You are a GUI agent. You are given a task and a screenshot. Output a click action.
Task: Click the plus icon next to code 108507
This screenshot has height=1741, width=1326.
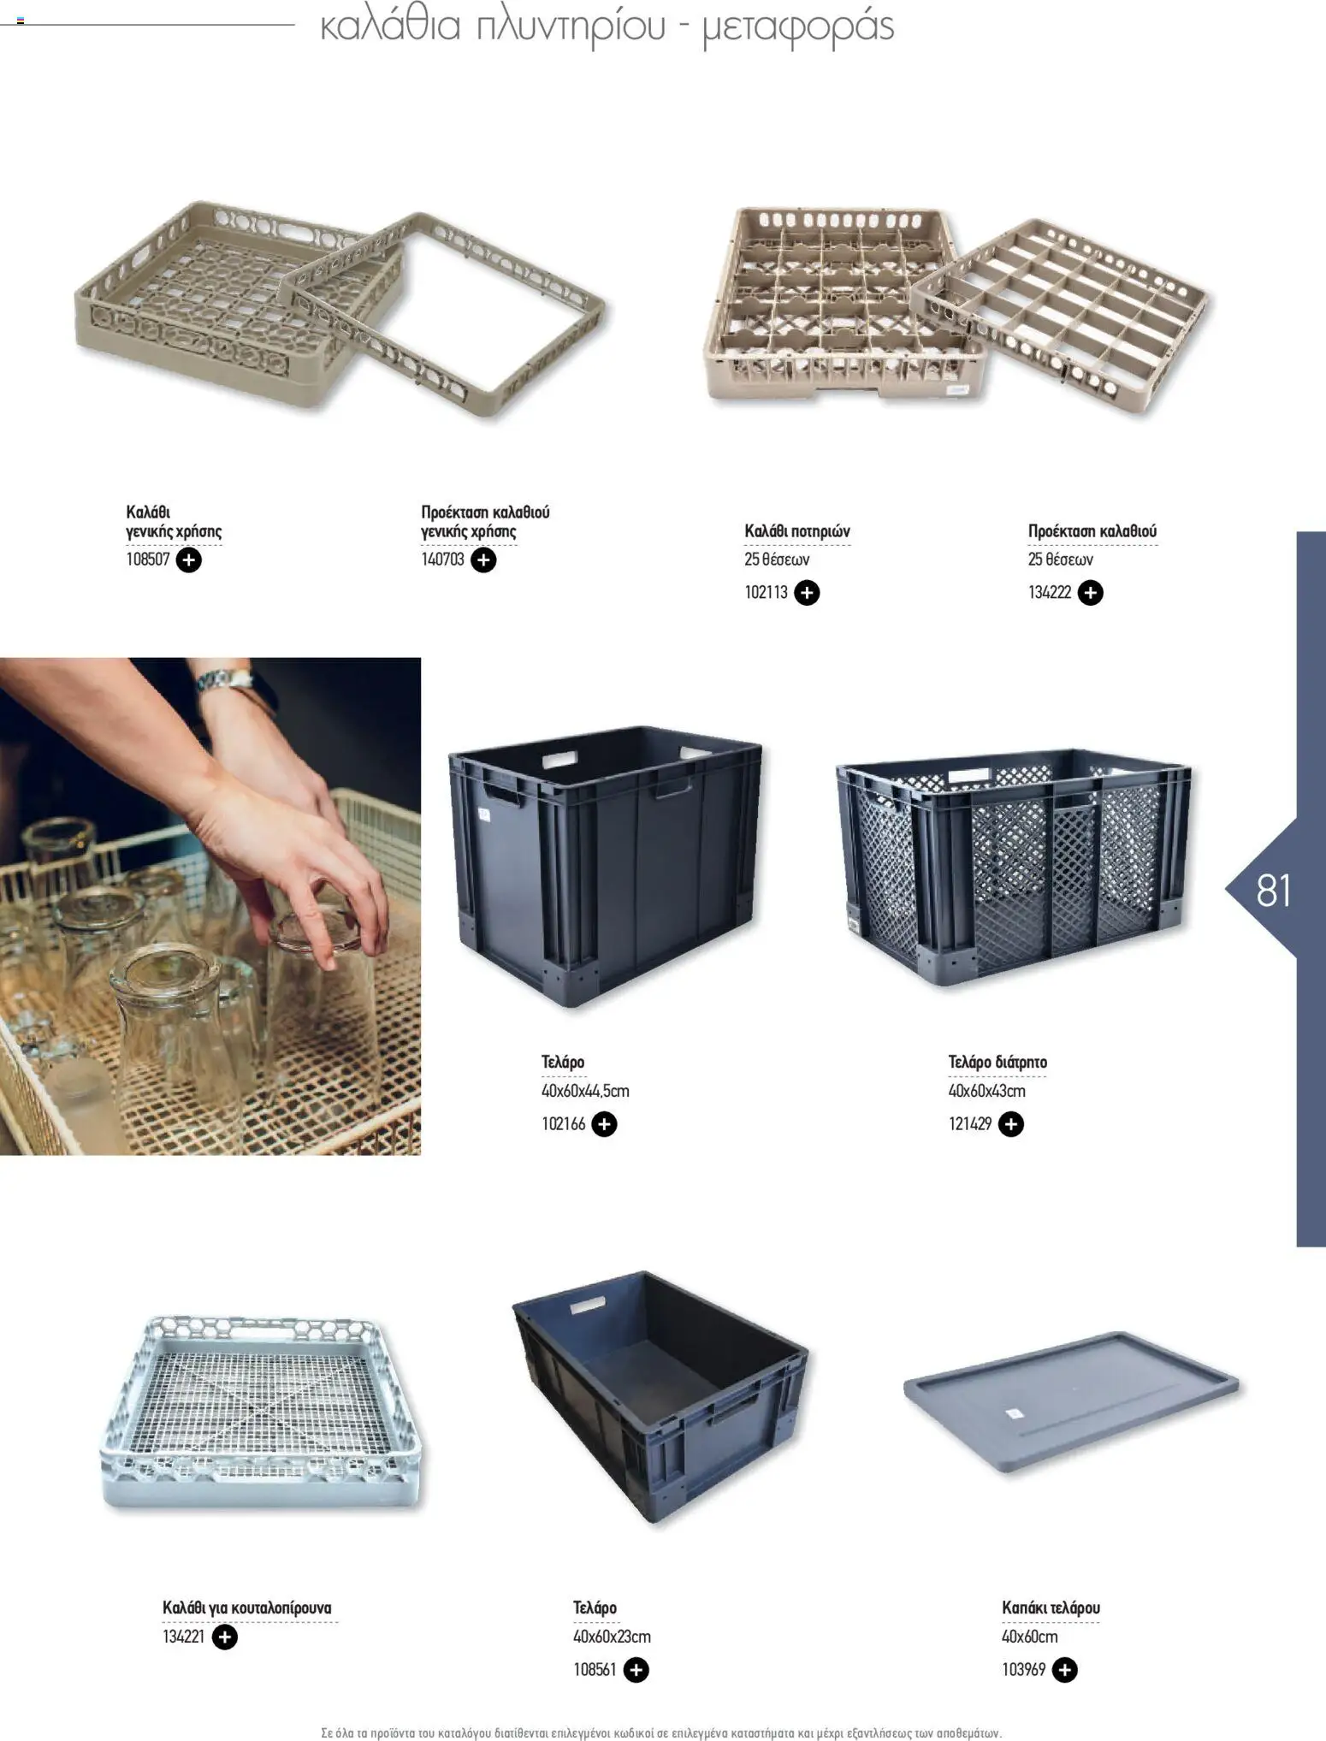point(188,560)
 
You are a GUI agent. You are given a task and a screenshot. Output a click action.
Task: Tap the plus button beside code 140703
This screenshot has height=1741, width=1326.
point(483,560)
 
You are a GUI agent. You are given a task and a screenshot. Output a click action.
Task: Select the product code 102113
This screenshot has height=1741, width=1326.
point(766,592)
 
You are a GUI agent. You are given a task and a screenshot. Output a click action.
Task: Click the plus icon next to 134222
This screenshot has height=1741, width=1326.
point(1090,592)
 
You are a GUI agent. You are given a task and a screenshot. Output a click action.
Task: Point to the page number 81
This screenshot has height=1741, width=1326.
point(1274,891)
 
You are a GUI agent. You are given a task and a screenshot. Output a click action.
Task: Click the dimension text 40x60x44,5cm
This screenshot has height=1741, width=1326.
point(585,1091)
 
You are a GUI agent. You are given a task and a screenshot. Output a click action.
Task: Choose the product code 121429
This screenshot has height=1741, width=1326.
point(970,1123)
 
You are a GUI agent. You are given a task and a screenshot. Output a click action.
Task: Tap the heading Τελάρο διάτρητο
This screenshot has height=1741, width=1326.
point(997,1062)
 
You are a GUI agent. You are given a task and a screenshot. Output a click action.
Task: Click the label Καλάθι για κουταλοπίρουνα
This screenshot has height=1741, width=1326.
point(247,1608)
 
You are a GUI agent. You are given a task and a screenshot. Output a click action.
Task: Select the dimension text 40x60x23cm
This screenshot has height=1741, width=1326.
point(612,1637)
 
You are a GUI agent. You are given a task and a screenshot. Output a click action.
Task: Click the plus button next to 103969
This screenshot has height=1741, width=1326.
point(1064,1669)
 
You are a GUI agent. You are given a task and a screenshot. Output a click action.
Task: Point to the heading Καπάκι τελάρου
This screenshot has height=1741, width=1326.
point(1051,1608)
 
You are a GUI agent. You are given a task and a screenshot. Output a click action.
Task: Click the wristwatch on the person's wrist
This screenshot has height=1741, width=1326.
point(226,680)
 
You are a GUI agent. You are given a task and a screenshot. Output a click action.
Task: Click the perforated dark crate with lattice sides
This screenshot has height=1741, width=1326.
point(1014,866)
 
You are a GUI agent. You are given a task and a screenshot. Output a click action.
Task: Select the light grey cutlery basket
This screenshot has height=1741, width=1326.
point(262,1413)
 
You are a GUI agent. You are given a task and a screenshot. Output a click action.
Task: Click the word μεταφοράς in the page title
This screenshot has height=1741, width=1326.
point(798,27)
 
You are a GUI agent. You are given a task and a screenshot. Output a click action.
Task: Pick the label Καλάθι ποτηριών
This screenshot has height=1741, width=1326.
point(797,531)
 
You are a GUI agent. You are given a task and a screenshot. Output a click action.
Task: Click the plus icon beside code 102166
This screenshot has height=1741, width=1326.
point(604,1123)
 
